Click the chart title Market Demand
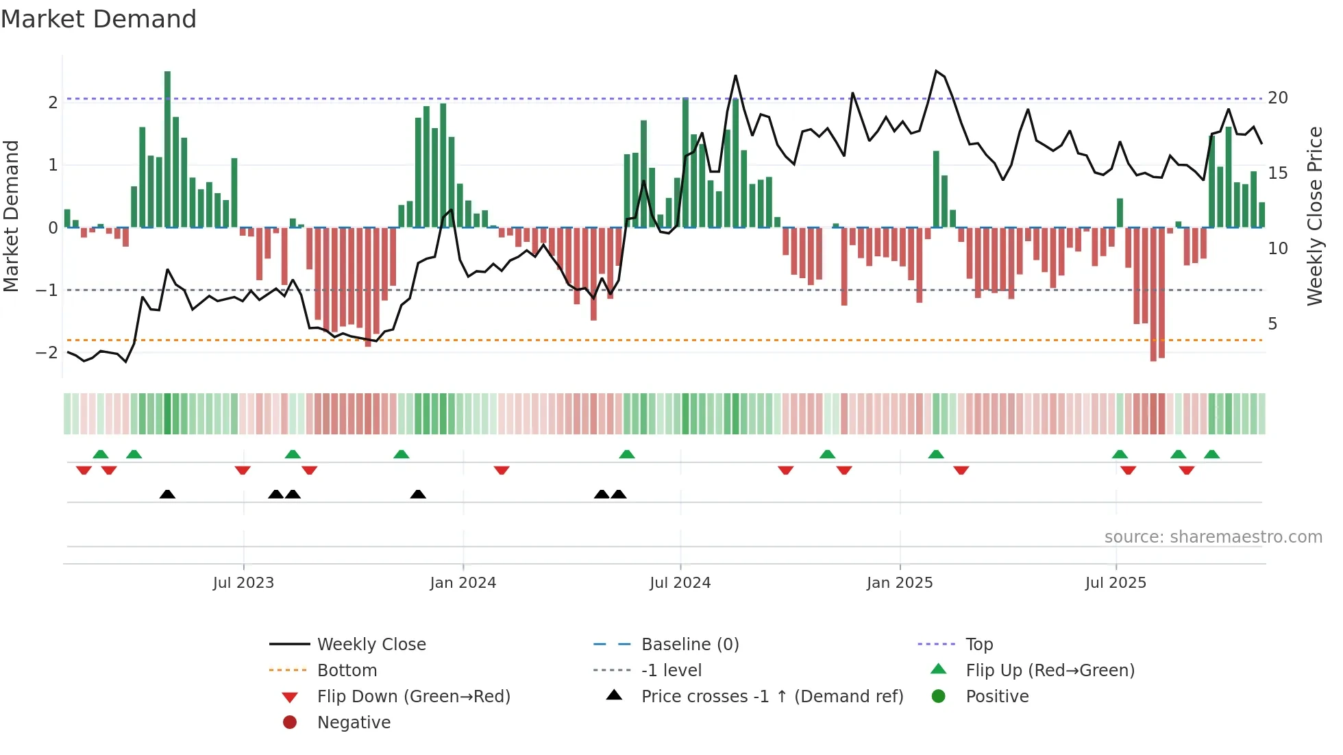[99, 19]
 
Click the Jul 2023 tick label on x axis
[243, 583]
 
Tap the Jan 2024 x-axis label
[463, 583]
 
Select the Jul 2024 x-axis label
[680, 583]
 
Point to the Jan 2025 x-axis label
[899, 583]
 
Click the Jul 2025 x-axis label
[1116, 583]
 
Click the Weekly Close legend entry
[371, 645]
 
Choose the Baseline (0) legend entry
[689, 645]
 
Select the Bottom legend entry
[347, 671]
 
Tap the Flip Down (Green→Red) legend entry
[413, 697]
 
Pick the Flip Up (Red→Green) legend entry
[1050, 671]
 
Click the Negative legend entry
[354, 723]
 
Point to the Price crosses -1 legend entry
[772, 697]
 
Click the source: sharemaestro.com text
[1213, 537]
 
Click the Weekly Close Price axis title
[1314, 216]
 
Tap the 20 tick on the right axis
[1278, 98]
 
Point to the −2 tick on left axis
[47, 353]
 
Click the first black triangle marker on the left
[167, 494]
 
